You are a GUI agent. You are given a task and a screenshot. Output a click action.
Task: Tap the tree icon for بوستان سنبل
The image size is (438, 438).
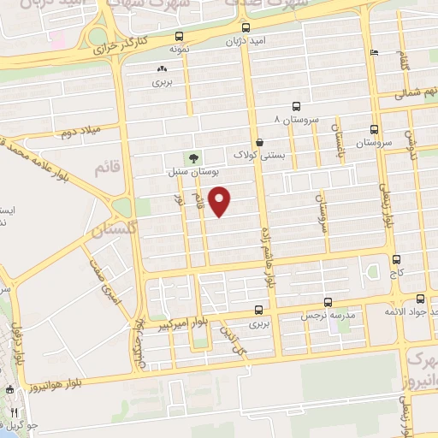point(192,157)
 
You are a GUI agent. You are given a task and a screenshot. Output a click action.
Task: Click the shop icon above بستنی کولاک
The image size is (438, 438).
point(260,143)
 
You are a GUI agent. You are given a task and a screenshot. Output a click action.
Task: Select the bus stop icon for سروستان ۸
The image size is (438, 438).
point(295,107)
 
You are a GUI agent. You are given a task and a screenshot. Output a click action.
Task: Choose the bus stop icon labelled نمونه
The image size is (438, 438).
point(178,37)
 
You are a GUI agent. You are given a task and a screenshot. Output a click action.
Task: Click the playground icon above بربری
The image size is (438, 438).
point(162,68)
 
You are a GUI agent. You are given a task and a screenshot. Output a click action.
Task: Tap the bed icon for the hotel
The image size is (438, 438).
point(374,53)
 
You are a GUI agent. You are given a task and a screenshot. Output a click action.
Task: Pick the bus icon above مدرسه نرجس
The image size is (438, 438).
point(328,302)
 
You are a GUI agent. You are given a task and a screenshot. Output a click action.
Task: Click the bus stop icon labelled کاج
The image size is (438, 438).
point(395,259)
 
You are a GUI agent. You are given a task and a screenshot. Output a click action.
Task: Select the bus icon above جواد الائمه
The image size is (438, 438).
point(420,299)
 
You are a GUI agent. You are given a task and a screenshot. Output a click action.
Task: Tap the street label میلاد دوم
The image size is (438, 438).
point(79,133)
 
